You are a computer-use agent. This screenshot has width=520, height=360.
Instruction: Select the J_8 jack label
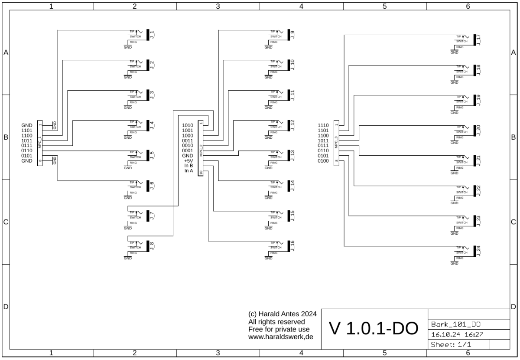point(153,246)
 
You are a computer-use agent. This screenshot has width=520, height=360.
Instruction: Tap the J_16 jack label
point(293,246)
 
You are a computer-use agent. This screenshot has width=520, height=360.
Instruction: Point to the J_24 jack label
point(479,251)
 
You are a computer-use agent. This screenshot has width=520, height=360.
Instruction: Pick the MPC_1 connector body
point(40,143)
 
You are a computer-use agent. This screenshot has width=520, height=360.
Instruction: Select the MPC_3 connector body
point(336,143)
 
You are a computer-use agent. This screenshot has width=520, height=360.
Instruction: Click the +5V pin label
point(188,160)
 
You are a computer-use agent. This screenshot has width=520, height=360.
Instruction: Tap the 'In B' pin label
point(188,166)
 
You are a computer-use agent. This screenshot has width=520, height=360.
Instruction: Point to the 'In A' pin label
point(188,171)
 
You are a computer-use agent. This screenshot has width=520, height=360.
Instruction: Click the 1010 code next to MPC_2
point(188,125)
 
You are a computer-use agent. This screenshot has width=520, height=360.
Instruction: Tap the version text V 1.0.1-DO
point(374,329)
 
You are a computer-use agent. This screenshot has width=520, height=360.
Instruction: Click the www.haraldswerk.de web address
point(281,337)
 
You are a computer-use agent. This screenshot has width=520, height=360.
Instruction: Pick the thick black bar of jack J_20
point(474,130)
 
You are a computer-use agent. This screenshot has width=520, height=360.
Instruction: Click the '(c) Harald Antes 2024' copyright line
point(283,314)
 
